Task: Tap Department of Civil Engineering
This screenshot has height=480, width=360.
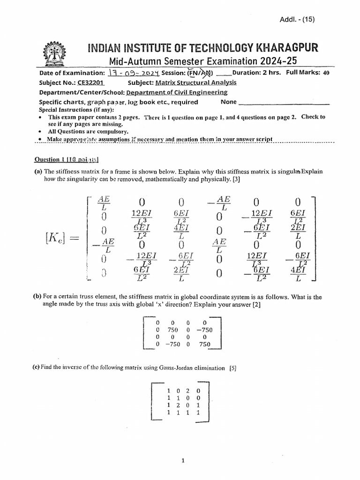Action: click(x=173, y=92)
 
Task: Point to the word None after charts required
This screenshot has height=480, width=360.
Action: click(x=229, y=102)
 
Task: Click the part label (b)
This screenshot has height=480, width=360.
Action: click(x=37, y=297)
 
